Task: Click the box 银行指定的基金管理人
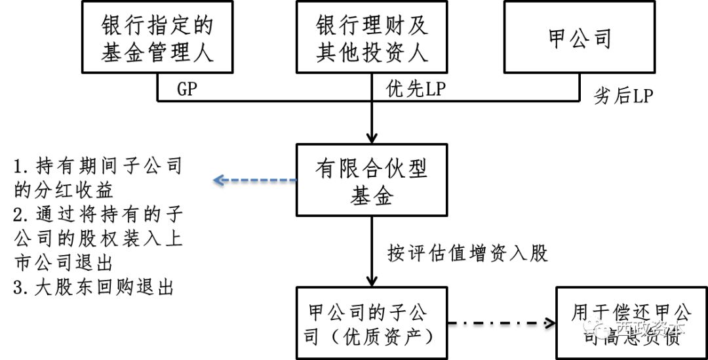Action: tap(157, 37)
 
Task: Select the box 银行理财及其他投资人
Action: tap(372, 37)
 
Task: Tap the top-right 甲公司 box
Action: tap(580, 37)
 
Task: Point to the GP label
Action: tap(187, 90)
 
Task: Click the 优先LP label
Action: tap(416, 90)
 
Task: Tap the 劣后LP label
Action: tap(623, 96)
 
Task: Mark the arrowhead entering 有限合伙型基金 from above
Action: tap(372, 138)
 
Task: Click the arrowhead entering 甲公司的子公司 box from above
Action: tap(372, 280)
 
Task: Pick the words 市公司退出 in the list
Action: tap(64, 263)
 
